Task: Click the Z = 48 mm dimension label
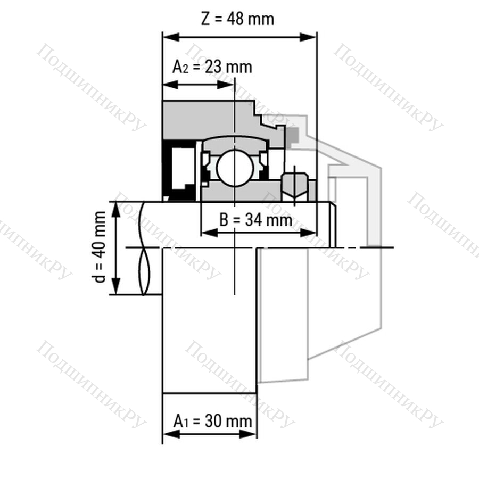[237, 19]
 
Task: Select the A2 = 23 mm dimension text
[212, 67]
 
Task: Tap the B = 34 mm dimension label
[255, 220]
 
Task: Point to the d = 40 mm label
[100, 247]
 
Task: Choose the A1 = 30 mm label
[212, 422]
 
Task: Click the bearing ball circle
[235, 168]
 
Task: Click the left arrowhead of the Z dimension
[171, 37]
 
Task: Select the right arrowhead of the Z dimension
[308, 37]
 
